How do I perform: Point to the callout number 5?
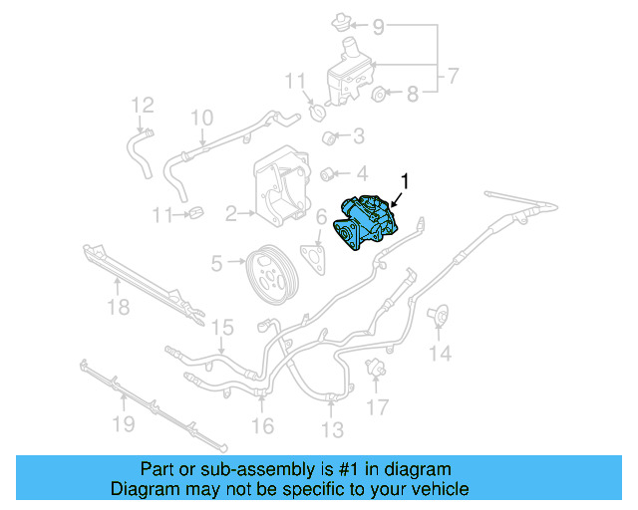point(216,264)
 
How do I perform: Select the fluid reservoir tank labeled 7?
point(350,74)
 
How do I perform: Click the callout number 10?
point(201,118)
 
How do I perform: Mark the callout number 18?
point(119,308)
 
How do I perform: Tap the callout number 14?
point(440,353)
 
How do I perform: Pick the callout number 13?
point(332,429)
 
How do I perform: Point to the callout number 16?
point(261,425)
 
